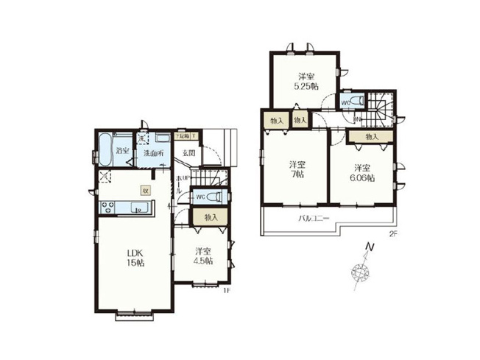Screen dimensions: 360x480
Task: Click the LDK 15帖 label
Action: pos(133,258)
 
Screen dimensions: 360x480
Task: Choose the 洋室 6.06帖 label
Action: pos(361,172)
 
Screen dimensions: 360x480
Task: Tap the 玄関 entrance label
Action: pos(188,153)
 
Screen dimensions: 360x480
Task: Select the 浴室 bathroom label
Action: pos(122,151)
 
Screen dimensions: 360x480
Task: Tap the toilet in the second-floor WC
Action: pos(356,101)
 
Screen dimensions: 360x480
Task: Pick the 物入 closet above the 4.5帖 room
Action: pos(211,217)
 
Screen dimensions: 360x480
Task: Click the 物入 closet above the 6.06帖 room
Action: pos(372,136)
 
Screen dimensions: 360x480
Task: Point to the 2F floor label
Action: pos(394,233)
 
